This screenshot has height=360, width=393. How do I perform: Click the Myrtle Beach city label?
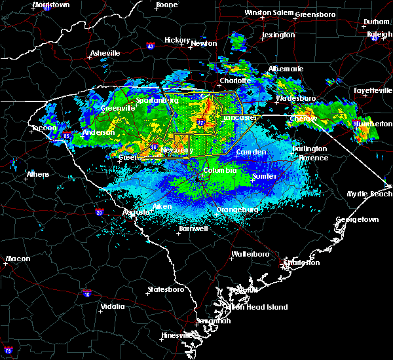[369, 194]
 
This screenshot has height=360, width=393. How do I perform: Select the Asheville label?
[105, 53]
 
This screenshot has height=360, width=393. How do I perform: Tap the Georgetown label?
[358, 220]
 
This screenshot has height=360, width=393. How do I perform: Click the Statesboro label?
[164, 289]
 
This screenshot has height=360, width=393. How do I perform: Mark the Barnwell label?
[193, 228]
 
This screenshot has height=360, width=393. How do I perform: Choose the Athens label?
[37, 174]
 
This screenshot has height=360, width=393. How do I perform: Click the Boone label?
[166, 5]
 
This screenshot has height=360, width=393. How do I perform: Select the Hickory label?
[177, 40]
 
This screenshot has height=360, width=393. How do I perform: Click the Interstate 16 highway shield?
[86, 294]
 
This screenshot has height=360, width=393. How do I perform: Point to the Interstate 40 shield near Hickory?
[150, 46]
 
